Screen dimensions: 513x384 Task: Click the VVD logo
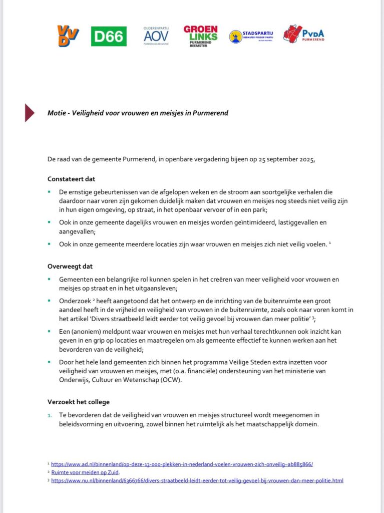click(x=68, y=36)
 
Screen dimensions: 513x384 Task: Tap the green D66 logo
click(x=109, y=36)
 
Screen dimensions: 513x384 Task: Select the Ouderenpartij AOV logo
click(x=156, y=35)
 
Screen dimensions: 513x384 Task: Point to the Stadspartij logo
click(x=250, y=36)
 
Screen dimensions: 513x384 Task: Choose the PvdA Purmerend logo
click(x=303, y=34)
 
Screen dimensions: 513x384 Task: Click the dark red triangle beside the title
click(x=30, y=113)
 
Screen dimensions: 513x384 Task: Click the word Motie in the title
click(x=57, y=113)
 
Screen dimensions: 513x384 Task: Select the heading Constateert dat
click(x=72, y=179)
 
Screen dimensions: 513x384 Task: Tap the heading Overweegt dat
click(x=70, y=266)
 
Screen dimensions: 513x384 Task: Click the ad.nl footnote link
click(x=182, y=464)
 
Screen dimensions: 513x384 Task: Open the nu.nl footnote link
click(x=197, y=480)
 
